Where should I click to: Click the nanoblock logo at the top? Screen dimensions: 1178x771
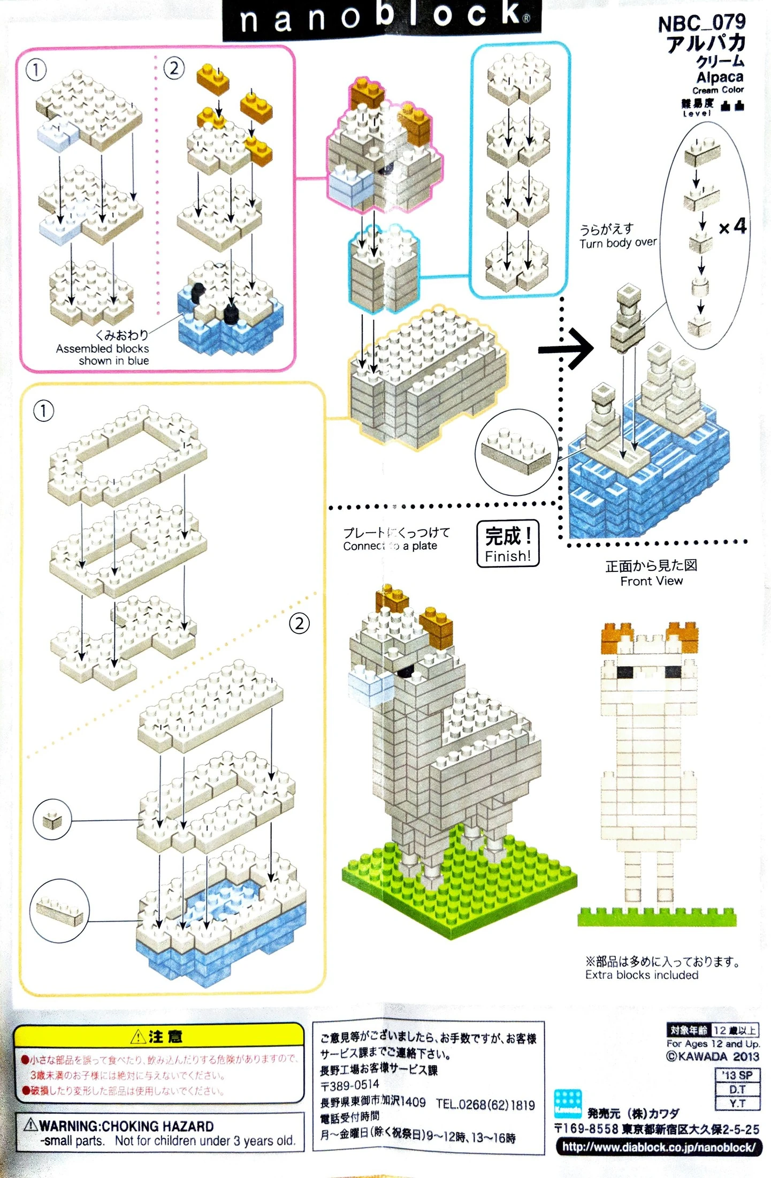click(382, 18)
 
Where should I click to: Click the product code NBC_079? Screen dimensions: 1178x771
click(701, 23)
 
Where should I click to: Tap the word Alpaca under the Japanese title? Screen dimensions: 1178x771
click(720, 77)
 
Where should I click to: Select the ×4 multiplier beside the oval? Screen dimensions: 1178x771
click(732, 226)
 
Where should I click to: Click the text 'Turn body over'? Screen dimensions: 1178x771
click(618, 243)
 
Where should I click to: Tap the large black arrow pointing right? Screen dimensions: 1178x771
click(566, 349)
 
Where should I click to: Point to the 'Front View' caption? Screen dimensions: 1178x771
click(651, 581)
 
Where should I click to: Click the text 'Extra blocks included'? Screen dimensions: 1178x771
click(642, 975)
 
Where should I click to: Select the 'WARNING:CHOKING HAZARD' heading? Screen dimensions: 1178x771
click(126, 1126)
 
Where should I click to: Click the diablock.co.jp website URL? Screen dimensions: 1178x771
click(659, 1147)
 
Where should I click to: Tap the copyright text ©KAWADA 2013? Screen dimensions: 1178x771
click(712, 1056)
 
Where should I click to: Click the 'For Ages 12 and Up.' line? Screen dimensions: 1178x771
click(713, 1044)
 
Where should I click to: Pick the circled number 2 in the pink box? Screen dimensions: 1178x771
click(174, 69)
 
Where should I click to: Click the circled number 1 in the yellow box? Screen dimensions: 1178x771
click(44, 411)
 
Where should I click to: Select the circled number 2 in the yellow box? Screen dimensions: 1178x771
click(299, 623)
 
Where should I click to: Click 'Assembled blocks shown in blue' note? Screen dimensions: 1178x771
click(103, 354)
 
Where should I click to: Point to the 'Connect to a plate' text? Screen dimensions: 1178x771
click(390, 546)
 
